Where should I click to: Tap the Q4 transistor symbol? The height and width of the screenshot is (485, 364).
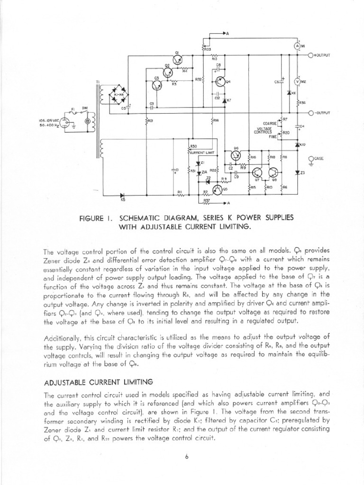point(221,81)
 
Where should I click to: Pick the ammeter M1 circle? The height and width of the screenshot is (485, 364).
point(297,45)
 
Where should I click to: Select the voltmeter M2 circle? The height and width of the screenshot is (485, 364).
point(297,81)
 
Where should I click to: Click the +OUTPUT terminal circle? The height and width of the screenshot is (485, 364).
point(311,55)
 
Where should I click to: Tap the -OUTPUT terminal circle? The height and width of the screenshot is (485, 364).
point(311,113)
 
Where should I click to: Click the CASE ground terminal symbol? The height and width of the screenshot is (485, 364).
point(311,159)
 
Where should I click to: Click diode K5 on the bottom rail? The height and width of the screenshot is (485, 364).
point(123,195)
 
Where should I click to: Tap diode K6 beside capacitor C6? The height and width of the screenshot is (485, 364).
point(290,93)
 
